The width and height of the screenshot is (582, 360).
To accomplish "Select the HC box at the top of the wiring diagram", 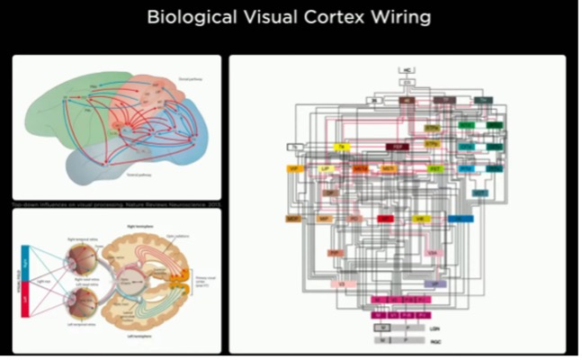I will click(407, 69).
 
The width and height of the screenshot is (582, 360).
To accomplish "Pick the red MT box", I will click(386, 219).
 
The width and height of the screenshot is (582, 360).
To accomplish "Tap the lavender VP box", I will click(434, 284).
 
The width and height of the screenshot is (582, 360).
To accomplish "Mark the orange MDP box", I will click(292, 219).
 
